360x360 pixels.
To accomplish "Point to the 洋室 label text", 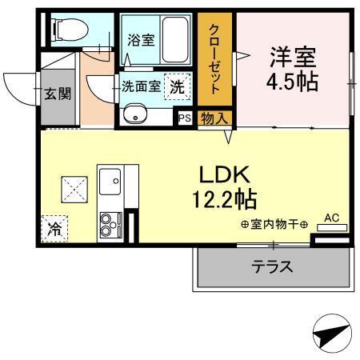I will pyautogui.click(x=292, y=58).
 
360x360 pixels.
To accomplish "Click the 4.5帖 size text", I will pyautogui.click(x=292, y=82).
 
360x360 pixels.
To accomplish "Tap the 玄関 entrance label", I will pyautogui.click(x=57, y=94).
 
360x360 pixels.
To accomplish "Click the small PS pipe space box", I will pyautogui.click(x=184, y=118).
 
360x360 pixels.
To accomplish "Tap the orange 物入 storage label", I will pyautogui.click(x=214, y=118).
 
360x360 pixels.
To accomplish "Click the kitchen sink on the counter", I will pyautogui.click(x=110, y=182).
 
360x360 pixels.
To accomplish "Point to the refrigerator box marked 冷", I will pyautogui.click(x=54, y=229).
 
